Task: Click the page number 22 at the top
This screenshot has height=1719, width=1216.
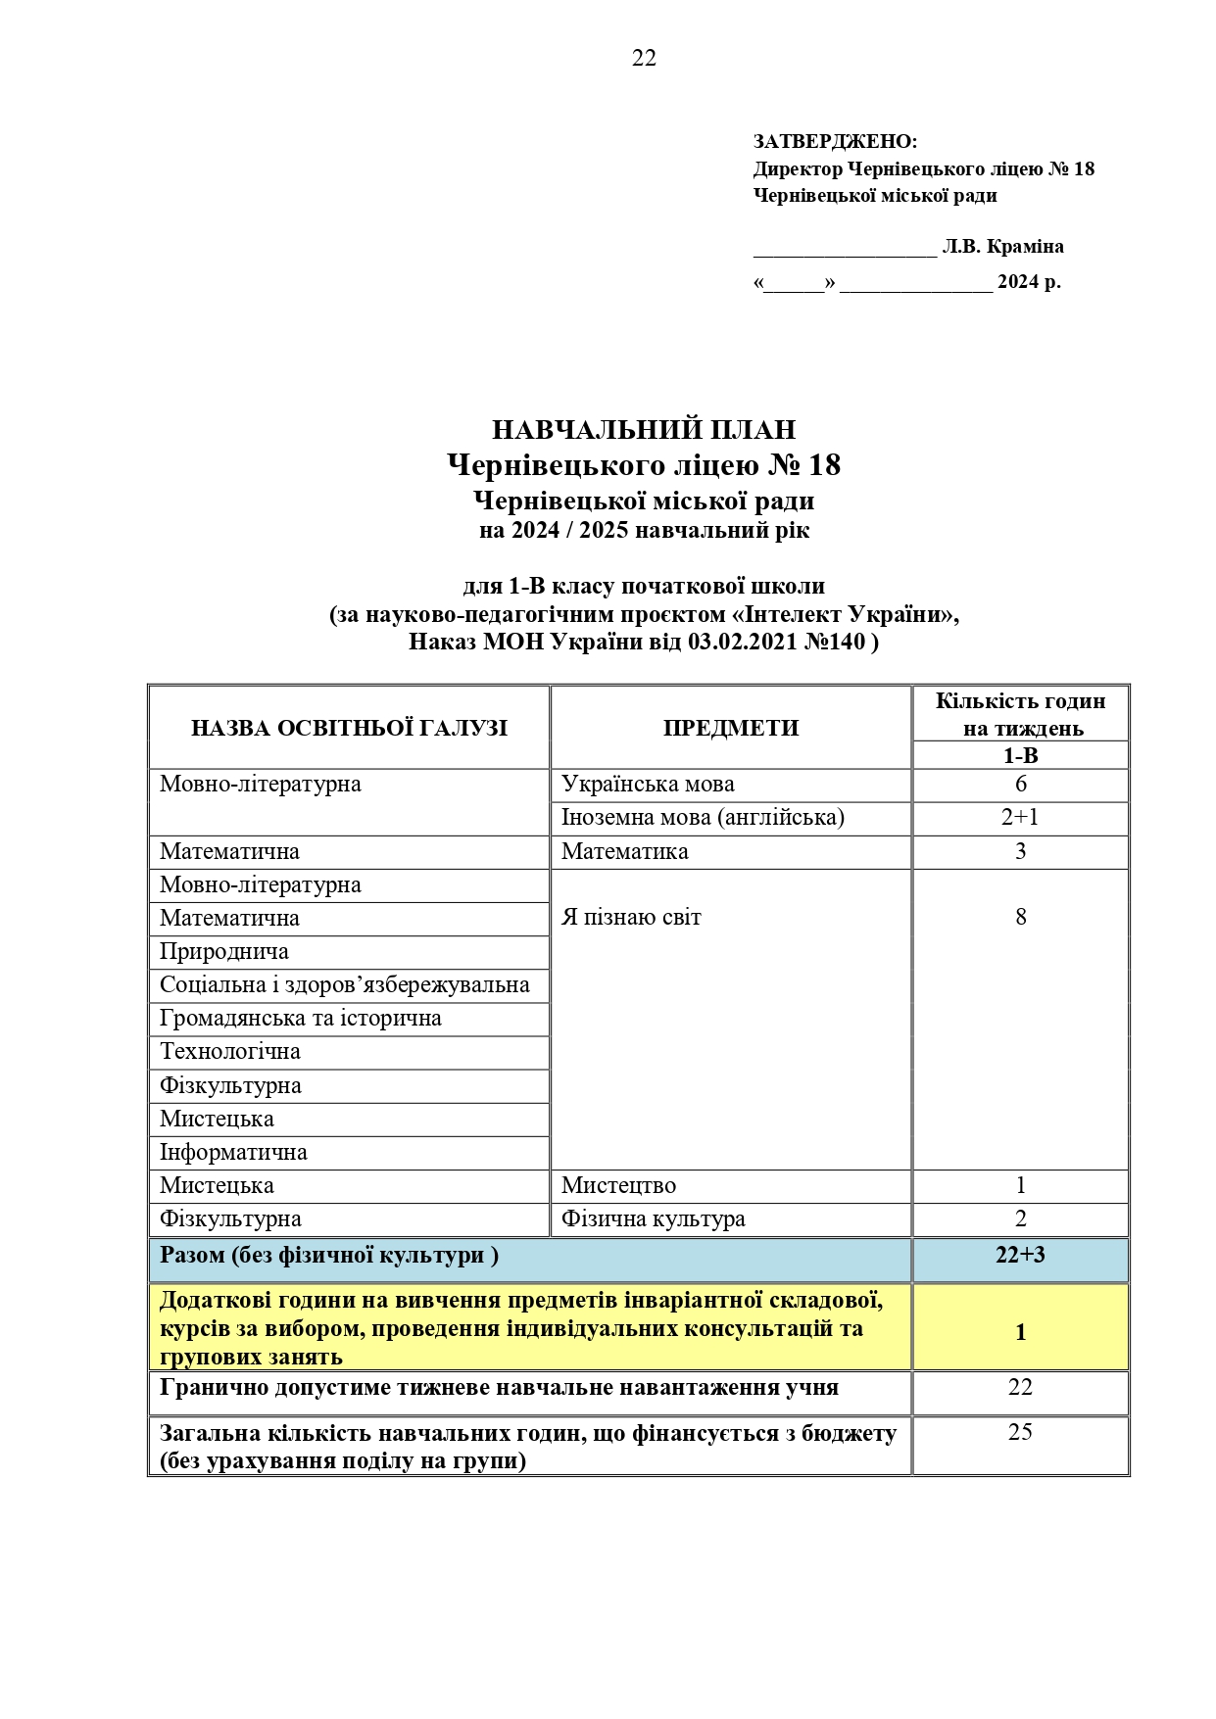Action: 644,59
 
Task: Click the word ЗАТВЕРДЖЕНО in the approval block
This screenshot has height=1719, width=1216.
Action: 834,142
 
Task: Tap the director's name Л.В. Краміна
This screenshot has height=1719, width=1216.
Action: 1002,247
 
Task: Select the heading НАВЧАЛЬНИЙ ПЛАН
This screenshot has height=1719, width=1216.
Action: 643,430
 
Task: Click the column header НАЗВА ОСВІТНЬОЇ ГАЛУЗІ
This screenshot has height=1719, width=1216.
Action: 349,728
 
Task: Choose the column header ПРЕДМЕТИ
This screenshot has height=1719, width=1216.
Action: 730,728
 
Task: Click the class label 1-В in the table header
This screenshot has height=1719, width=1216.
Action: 1020,756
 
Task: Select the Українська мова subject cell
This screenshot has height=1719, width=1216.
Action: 648,785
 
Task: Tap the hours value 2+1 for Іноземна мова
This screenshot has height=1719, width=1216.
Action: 1020,818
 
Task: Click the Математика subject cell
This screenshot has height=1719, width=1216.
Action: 625,851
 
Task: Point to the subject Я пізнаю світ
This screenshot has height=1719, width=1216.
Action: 631,918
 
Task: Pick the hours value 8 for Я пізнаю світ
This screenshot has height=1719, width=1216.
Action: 1020,918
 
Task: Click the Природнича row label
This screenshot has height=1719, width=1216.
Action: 224,952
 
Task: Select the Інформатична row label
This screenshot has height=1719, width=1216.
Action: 233,1153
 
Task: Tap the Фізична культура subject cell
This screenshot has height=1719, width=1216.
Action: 653,1219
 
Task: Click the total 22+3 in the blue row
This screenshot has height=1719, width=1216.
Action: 1020,1256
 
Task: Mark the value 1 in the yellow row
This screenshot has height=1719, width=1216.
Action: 1020,1332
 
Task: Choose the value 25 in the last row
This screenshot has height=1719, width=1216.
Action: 1020,1433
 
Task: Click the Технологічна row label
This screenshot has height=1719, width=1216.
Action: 230,1052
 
